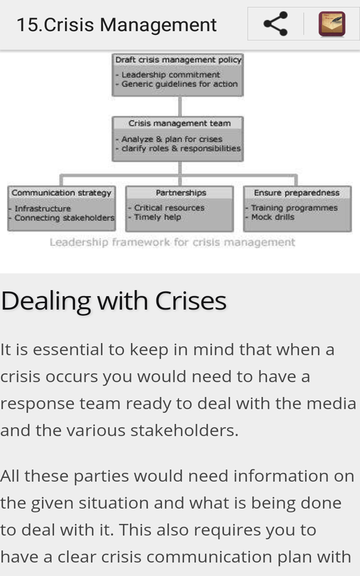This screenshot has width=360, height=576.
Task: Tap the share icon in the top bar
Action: (x=275, y=24)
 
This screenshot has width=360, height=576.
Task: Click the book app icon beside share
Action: (x=332, y=24)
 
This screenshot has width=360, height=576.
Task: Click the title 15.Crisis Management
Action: (x=117, y=25)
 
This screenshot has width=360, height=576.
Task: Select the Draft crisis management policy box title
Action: (x=178, y=60)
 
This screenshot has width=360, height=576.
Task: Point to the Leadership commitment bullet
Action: (x=171, y=75)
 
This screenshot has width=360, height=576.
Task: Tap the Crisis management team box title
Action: (x=179, y=123)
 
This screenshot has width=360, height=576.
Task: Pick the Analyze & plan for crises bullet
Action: (x=171, y=139)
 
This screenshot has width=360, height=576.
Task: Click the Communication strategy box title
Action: (x=62, y=193)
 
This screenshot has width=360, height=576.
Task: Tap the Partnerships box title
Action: (x=181, y=193)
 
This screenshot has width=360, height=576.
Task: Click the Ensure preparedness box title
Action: (x=297, y=193)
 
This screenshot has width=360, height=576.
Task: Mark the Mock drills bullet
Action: (x=272, y=217)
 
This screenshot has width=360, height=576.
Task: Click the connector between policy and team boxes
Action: (x=180, y=107)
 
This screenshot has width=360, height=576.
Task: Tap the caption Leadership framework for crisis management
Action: (x=172, y=243)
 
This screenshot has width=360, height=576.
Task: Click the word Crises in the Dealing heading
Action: (x=191, y=301)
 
